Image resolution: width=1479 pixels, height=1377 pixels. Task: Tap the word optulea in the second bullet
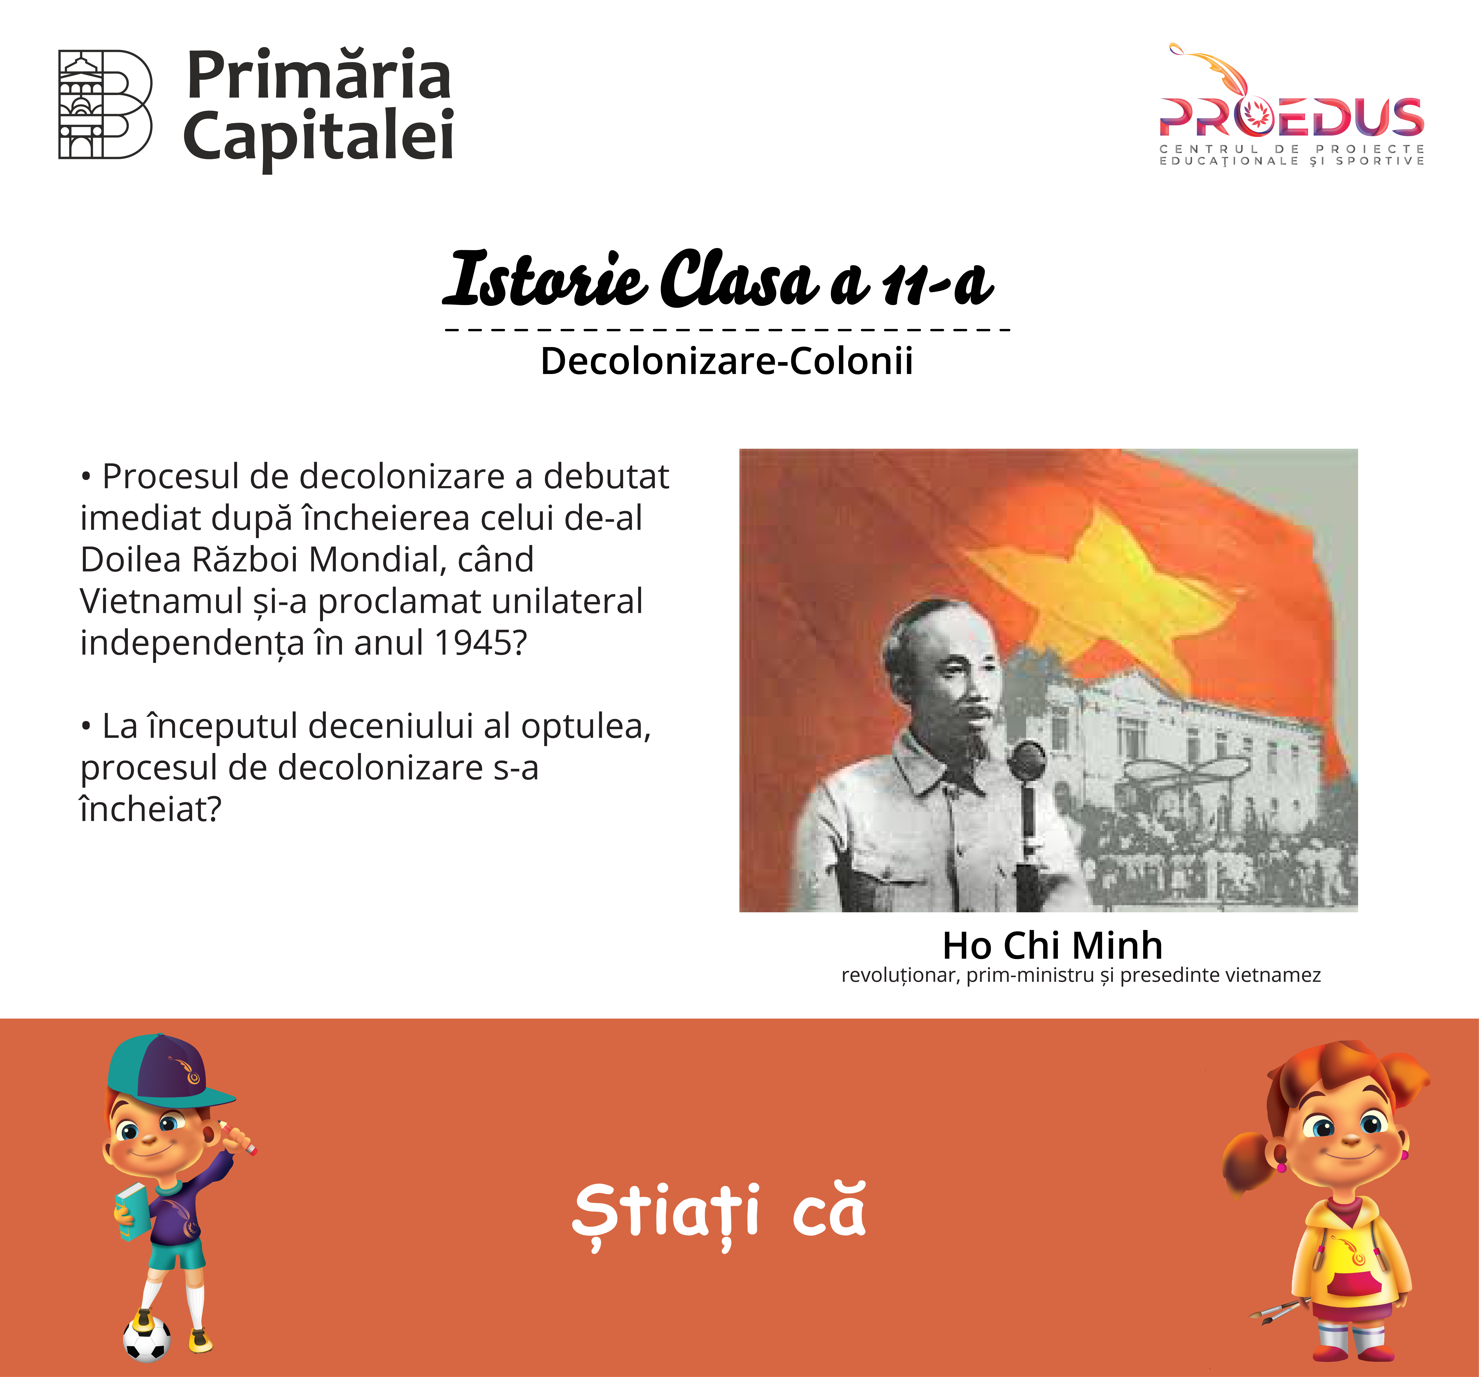click(x=586, y=726)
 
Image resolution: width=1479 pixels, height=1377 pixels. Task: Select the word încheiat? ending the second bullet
click(x=151, y=809)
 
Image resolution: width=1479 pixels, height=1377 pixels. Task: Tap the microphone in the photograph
click(x=1028, y=796)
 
